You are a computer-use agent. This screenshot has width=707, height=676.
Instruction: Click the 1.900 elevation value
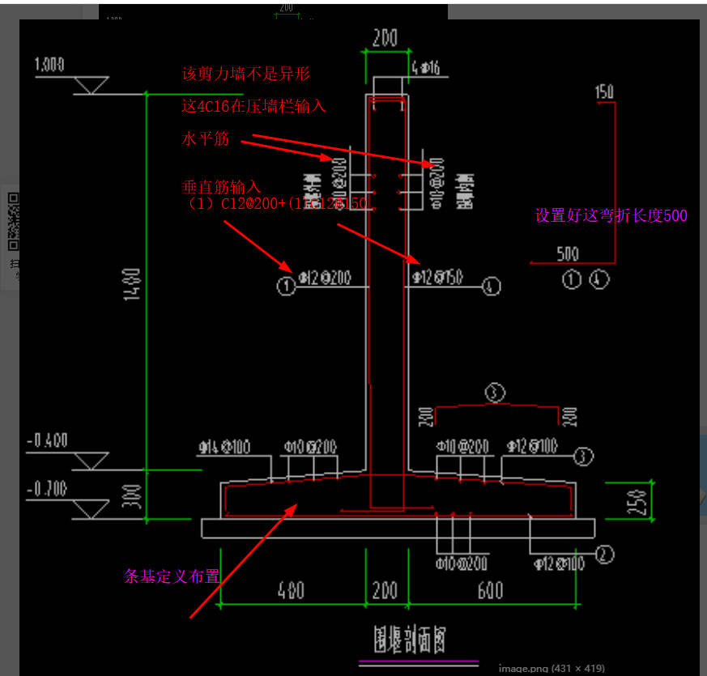50,66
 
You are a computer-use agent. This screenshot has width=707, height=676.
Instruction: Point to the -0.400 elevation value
49,441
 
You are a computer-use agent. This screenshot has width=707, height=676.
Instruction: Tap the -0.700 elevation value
49,490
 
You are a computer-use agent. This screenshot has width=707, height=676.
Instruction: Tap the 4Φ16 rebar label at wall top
425,69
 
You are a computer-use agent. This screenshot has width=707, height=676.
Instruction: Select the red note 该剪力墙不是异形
246,74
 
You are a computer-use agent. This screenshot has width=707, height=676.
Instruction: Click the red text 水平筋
206,139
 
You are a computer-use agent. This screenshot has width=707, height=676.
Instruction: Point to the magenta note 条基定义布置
172,576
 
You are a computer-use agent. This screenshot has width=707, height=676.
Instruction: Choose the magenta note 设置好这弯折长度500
611,216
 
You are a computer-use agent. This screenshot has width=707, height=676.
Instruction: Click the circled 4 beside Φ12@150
491,285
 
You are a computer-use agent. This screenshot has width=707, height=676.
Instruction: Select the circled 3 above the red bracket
496,393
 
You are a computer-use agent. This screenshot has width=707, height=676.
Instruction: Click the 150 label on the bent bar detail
604,91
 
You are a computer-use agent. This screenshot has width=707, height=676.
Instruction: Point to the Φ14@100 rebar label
226,447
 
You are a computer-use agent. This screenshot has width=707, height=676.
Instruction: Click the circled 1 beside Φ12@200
285,284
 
